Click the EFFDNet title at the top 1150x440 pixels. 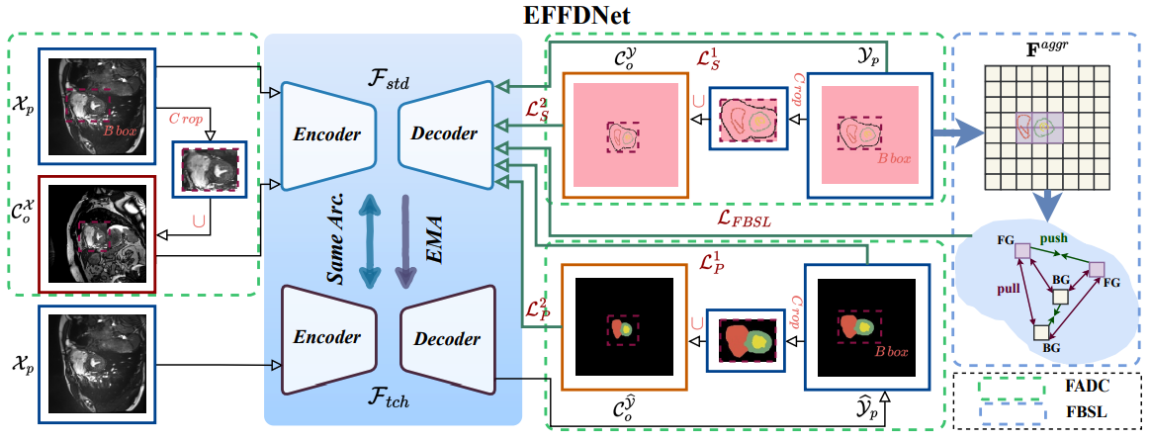[x=575, y=15]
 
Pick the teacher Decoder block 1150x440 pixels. [x=446, y=338]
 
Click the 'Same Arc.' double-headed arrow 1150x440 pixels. [x=371, y=239]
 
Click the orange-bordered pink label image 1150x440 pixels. [x=625, y=132]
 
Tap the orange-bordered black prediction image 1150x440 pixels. [x=625, y=325]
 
